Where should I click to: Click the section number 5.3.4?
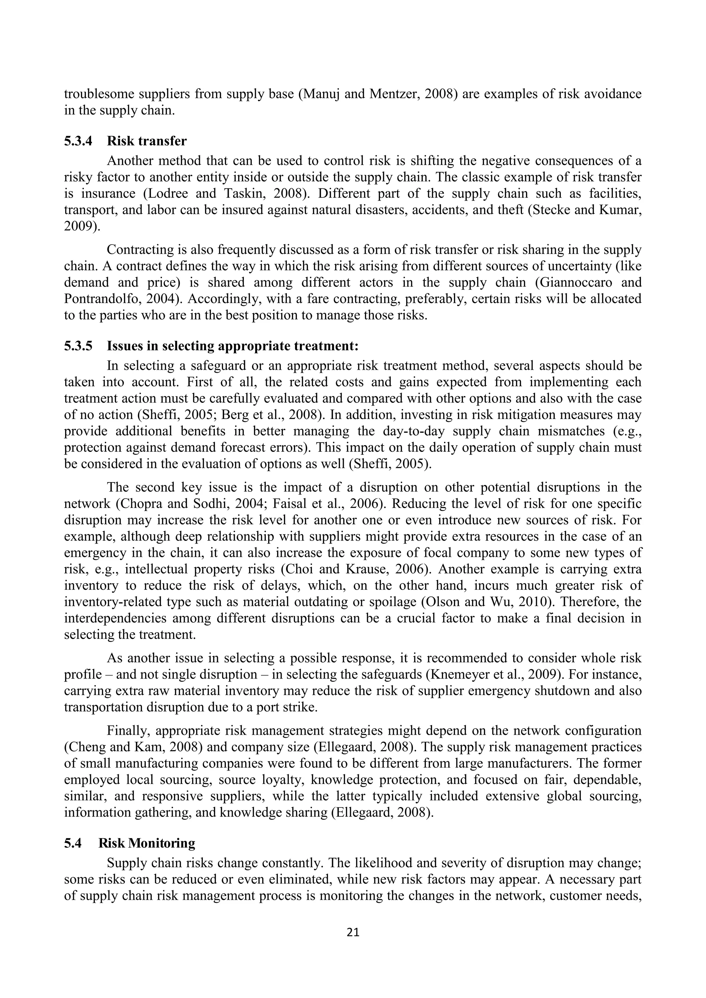pos(78,141)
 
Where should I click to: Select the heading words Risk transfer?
pos(147,141)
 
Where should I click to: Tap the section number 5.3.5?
pos(78,346)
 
